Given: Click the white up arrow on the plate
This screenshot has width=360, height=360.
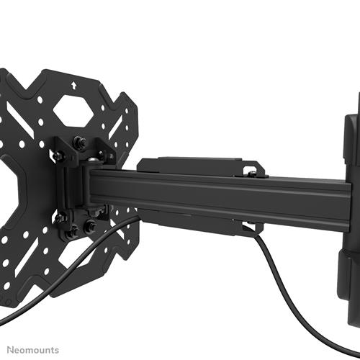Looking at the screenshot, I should (x=73, y=84).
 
